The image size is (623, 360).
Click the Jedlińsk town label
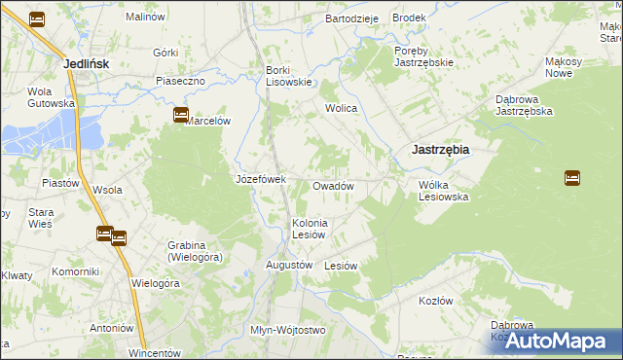pos(85,63)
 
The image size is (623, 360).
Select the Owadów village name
pos(332,186)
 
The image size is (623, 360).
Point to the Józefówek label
pos(260,179)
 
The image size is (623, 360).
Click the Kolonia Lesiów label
pos(311,229)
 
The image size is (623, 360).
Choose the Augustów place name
pos(289,265)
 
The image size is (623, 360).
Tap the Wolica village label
pos(342,108)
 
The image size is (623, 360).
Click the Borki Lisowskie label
pos(289,76)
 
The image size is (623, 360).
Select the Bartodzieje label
pos(351,18)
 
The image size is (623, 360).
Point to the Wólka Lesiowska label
pos(444,190)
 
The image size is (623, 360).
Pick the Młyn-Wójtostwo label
pos(286,330)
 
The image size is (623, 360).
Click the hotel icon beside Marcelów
pos(180,115)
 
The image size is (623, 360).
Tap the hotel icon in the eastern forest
pos(572,178)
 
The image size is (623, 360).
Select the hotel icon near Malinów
pos(37,18)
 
